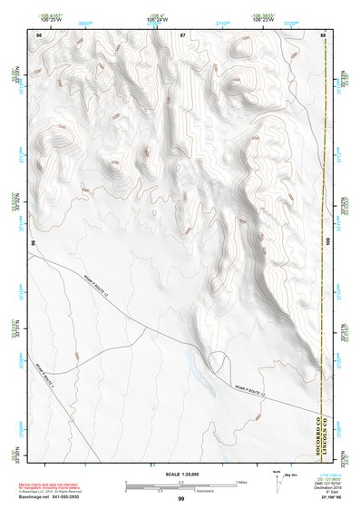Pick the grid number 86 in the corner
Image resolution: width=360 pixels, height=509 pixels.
(x=39, y=34)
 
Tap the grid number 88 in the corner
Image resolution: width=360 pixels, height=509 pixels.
(x=323, y=34)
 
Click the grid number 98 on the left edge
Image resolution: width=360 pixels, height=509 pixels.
(x=34, y=243)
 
